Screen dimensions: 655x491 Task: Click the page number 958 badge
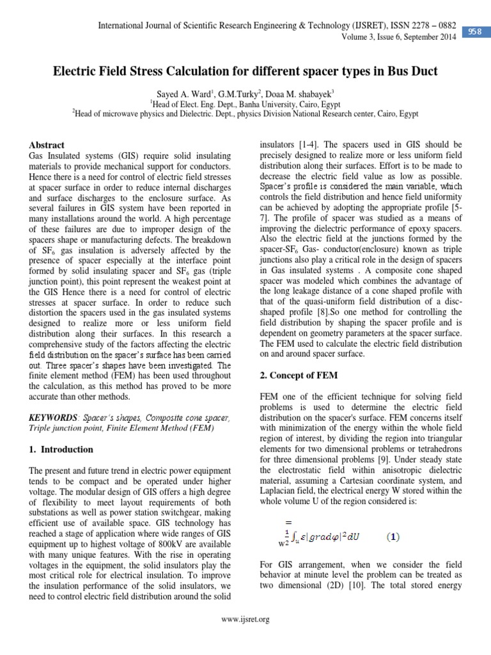[x=475, y=31]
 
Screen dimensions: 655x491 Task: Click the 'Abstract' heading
[x=48, y=145]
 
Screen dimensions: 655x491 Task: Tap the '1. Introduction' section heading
[x=61, y=449]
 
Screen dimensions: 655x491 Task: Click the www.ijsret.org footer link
[x=245, y=619]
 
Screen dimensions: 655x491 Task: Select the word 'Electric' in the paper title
[x=75, y=71]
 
